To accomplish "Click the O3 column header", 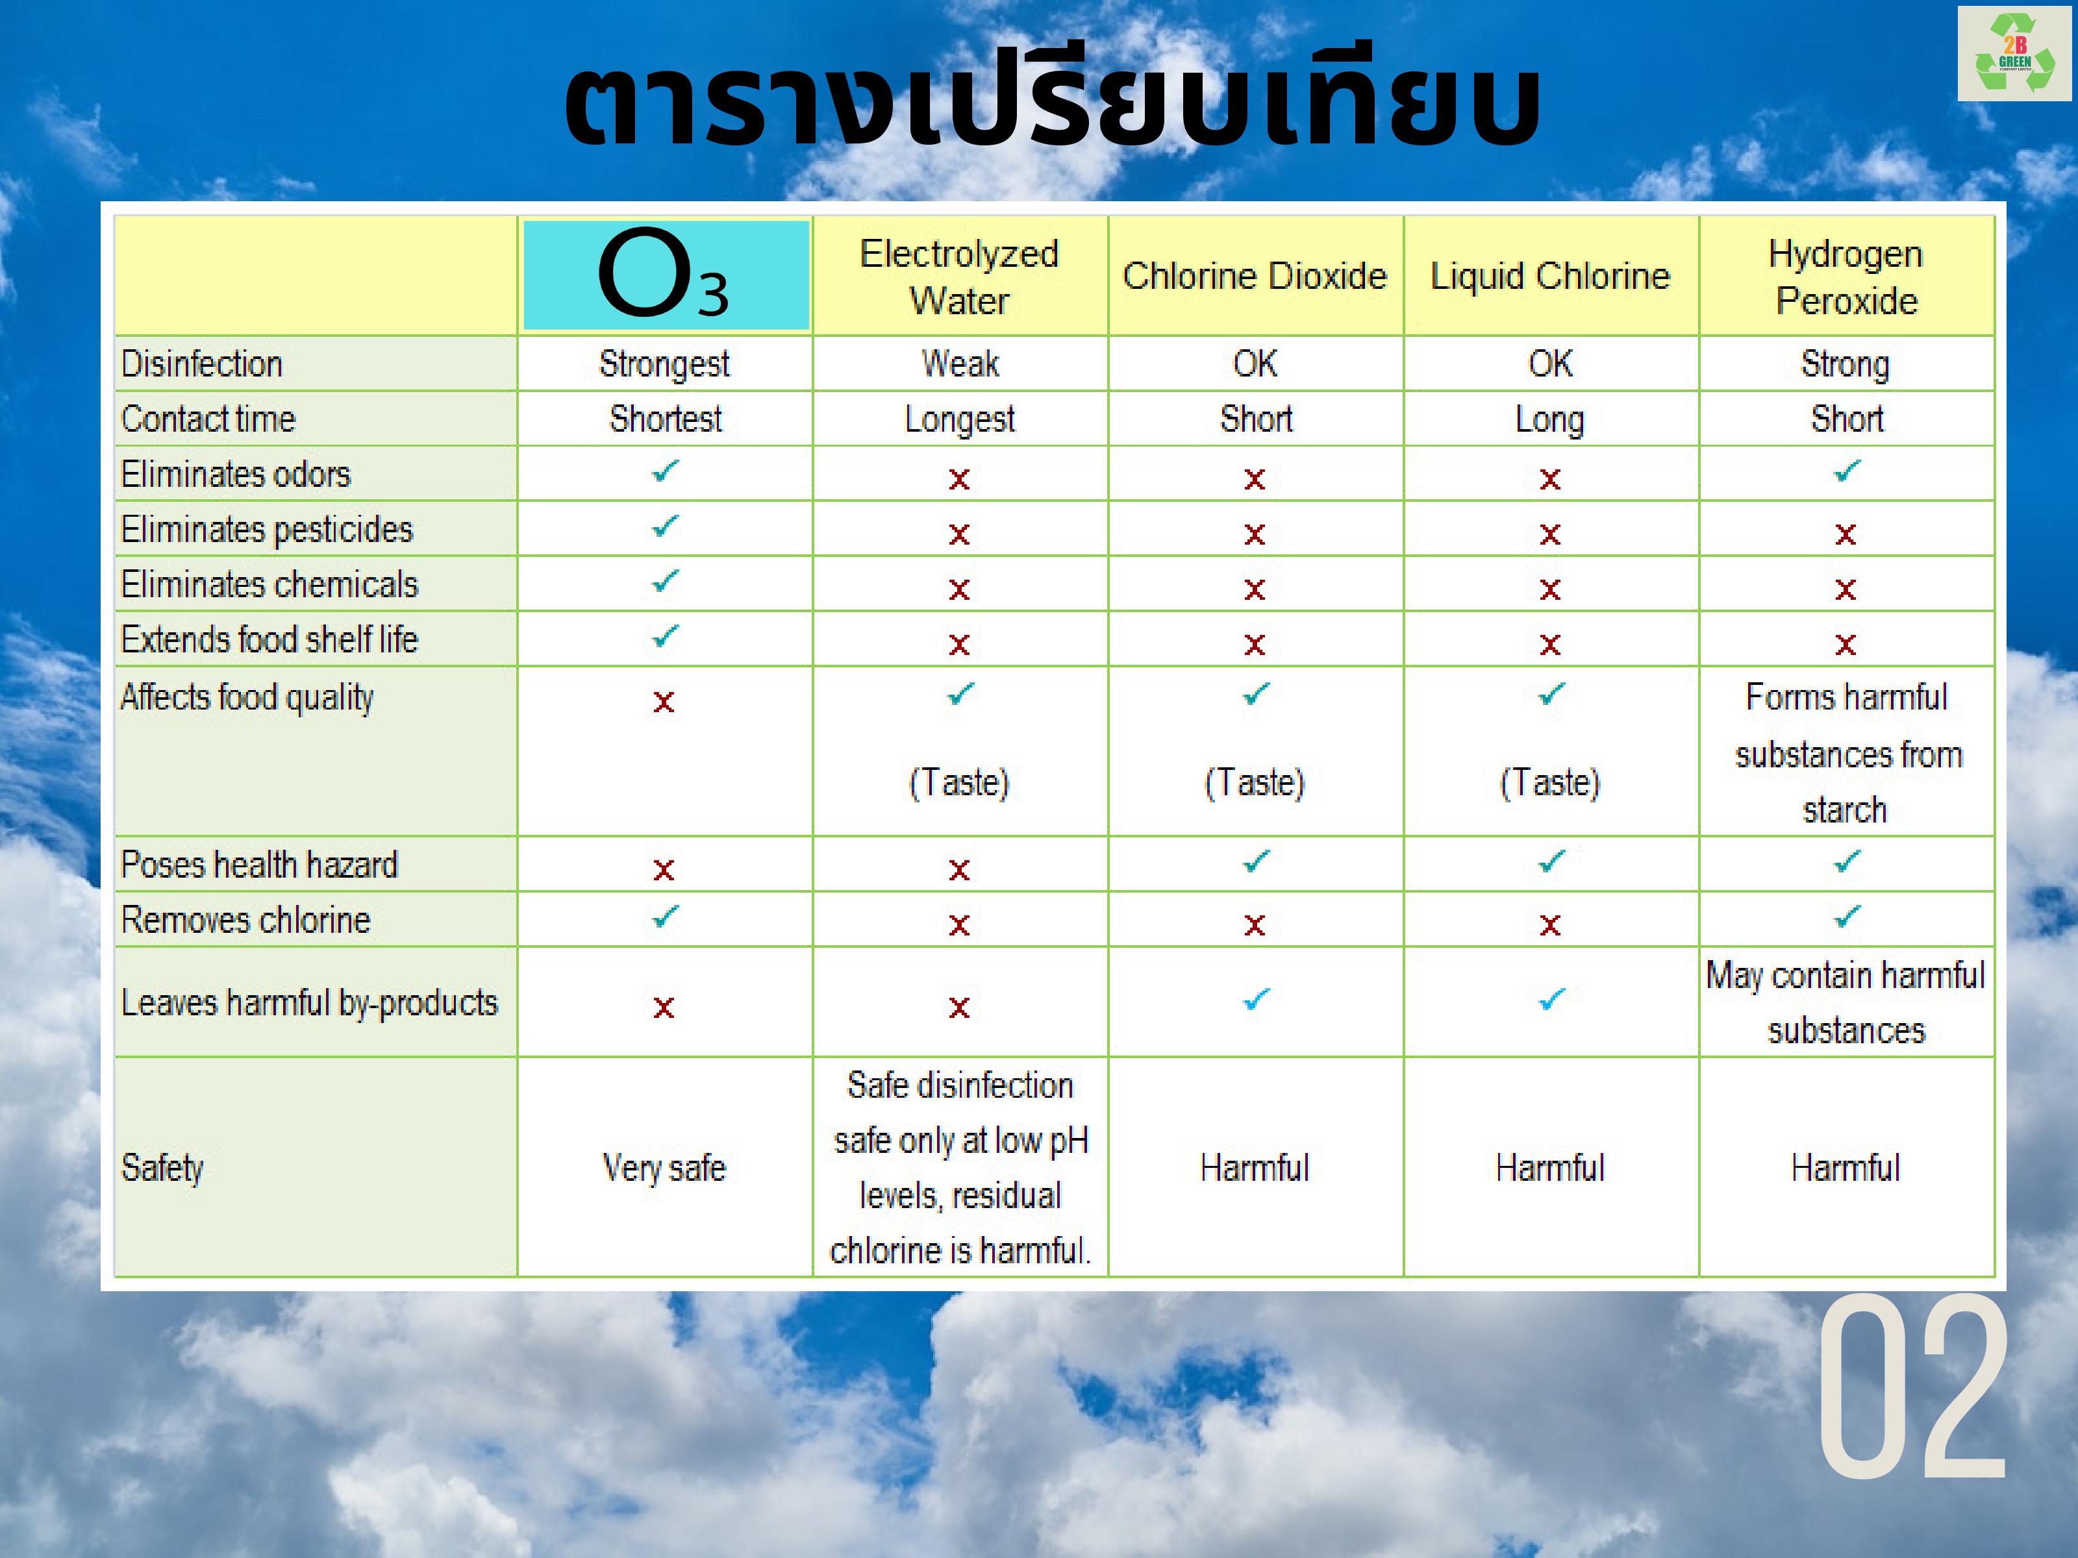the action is pyautogui.click(x=665, y=274).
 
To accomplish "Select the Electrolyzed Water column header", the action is pyautogui.click(x=959, y=277).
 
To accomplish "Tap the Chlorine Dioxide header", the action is pyautogui.click(x=1255, y=276).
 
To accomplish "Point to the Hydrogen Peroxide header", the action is pyautogui.click(x=1846, y=277).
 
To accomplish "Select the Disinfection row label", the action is pyautogui.click(x=202, y=364).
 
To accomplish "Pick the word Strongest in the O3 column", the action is pyautogui.click(x=664, y=364).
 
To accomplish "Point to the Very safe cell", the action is pyautogui.click(x=664, y=1168).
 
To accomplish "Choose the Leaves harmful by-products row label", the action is pyautogui.click(x=309, y=1003).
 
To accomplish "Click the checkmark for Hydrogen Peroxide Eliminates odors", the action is pyautogui.click(x=1847, y=471).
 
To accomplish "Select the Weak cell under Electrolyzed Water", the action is pyautogui.click(x=960, y=364).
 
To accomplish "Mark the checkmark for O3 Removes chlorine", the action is pyautogui.click(x=665, y=917).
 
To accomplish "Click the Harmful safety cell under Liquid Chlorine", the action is pyautogui.click(x=1550, y=1168).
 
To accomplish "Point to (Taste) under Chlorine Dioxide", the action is pyautogui.click(x=1255, y=782).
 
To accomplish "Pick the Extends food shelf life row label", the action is pyautogui.click(x=269, y=639).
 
